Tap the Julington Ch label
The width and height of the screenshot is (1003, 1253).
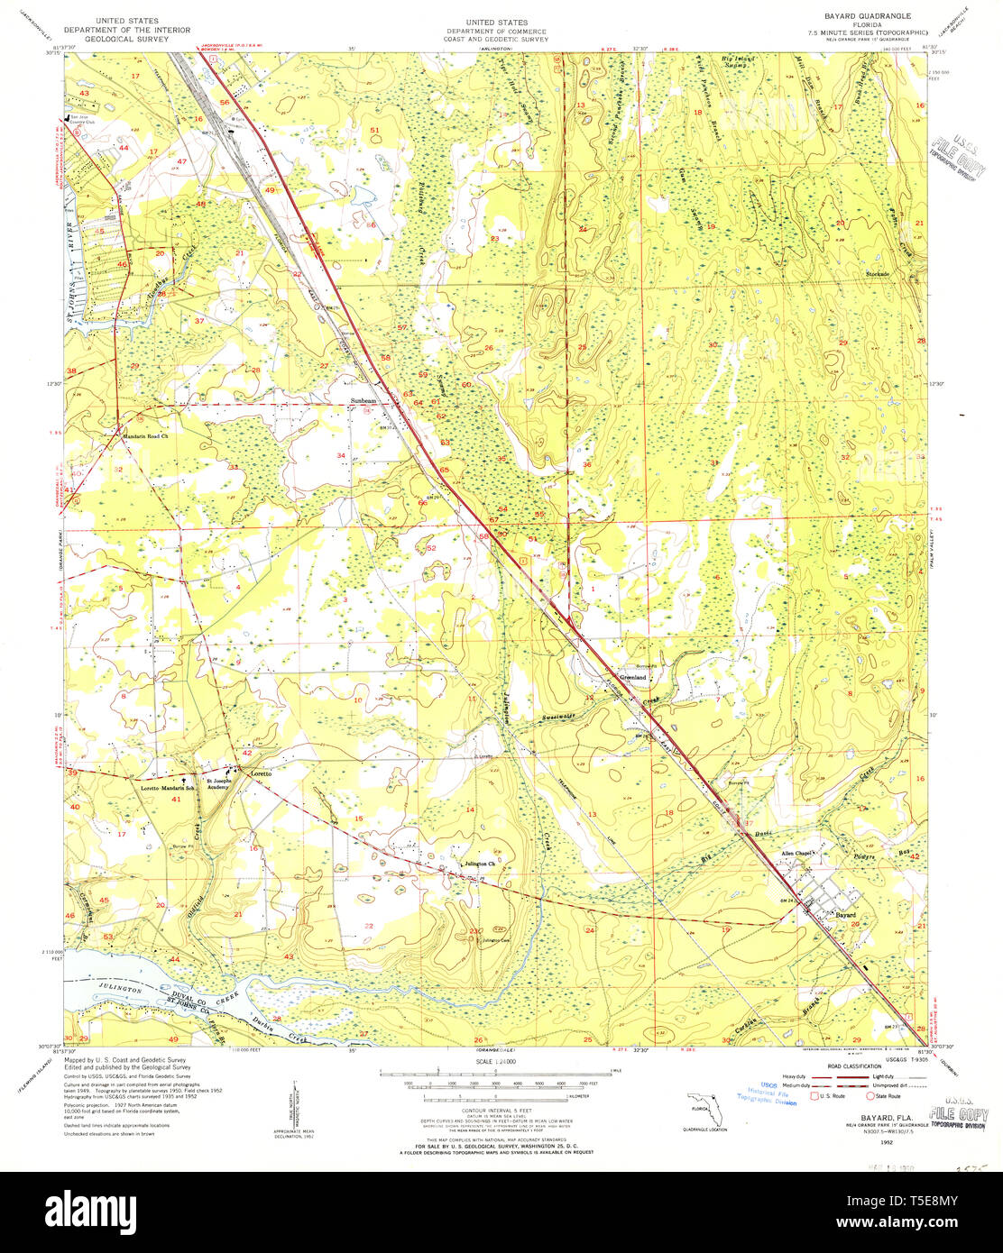479,864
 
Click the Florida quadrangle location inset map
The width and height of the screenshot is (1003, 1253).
703,1104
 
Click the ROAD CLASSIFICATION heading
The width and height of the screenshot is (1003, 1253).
858,1066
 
